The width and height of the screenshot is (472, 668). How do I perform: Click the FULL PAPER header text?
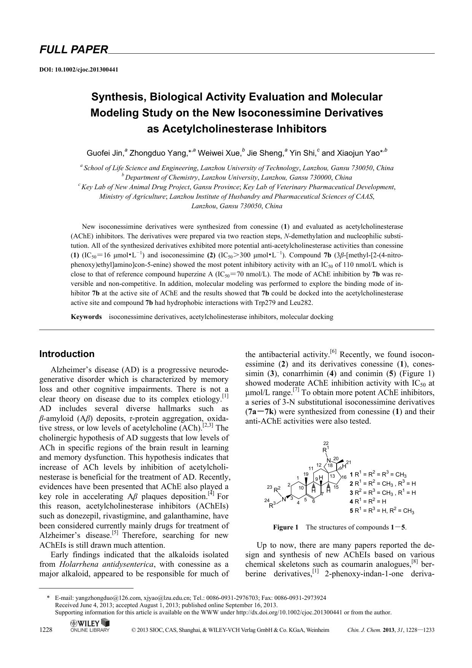coord(74,49)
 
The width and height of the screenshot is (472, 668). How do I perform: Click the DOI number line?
coord(79,70)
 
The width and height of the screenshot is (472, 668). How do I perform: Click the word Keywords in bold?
coord(86,317)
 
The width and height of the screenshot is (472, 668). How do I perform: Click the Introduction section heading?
coord(67,354)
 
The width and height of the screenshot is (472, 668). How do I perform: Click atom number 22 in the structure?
coord(326,443)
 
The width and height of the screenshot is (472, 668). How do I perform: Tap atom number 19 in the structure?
coord(306,474)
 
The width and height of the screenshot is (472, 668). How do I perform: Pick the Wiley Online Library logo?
coord(90,626)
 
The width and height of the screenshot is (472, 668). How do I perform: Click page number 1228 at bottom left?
coord(46,630)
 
